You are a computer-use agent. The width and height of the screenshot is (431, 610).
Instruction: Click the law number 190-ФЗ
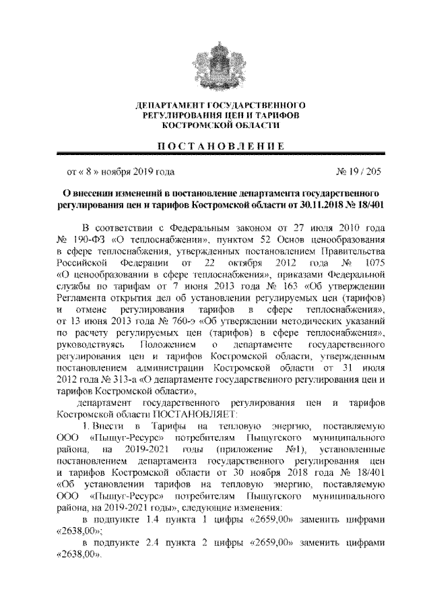92,239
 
